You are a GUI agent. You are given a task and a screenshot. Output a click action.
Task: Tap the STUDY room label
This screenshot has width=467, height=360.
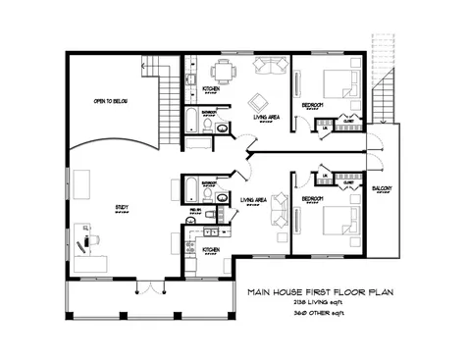tap(122, 207)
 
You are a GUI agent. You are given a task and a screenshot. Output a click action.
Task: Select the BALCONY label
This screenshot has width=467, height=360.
tap(383, 188)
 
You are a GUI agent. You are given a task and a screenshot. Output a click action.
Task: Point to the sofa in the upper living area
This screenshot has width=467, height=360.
tap(267, 66)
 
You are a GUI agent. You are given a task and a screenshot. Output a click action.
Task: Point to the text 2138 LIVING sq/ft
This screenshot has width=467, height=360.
tap(323, 304)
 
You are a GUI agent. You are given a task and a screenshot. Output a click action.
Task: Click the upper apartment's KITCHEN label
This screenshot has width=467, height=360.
tap(211, 88)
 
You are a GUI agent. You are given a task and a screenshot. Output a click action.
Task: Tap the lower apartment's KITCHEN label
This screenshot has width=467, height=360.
tap(211, 249)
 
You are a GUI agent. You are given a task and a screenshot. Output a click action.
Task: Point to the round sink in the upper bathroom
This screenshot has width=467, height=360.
tap(223, 128)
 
